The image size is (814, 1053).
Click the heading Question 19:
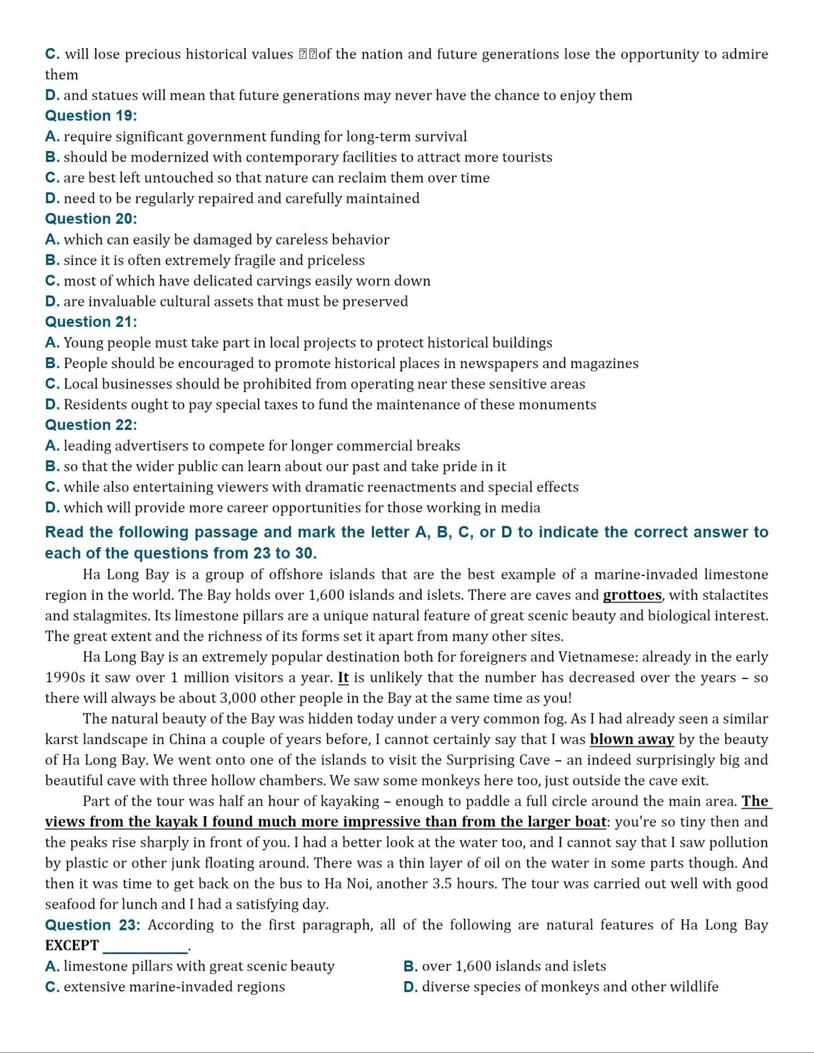click(x=91, y=116)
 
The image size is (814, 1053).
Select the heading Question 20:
click(x=91, y=219)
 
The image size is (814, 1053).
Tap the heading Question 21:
click(x=91, y=322)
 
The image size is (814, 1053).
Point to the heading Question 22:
click(x=91, y=425)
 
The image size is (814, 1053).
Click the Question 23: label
click(x=93, y=925)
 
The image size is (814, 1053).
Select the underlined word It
click(x=343, y=677)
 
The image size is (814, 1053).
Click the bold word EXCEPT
click(x=72, y=946)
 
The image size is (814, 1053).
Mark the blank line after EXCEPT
click(x=146, y=947)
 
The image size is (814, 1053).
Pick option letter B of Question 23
click(x=410, y=967)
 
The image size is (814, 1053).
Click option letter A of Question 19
click(x=52, y=137)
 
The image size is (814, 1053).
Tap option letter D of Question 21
click(x=52, y=404)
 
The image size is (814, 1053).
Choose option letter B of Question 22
click(x=52, y=466)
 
